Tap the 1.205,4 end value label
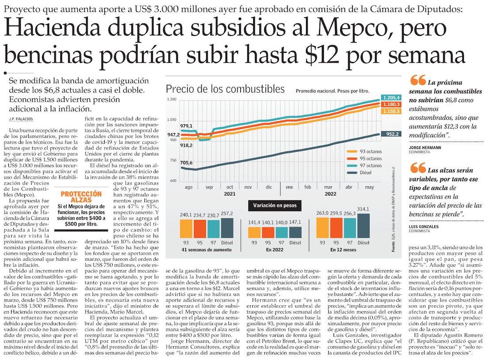point(391,97)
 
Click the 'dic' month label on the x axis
point(269,187)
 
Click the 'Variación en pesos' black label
point(275,205)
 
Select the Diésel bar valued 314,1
point(363,226)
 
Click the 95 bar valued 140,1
point(268,232)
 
